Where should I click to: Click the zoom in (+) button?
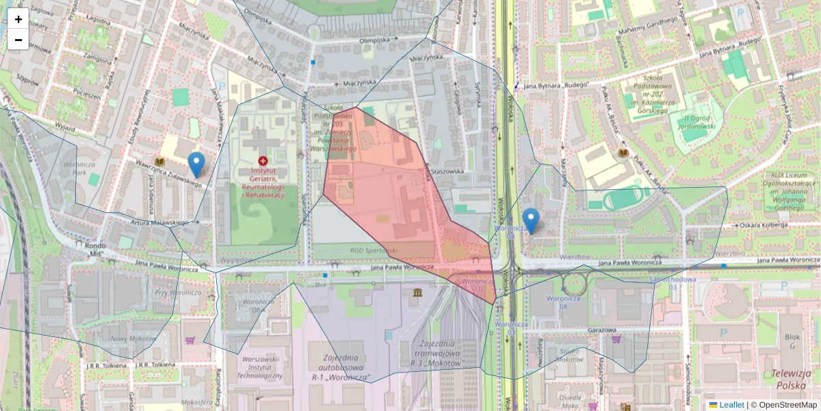[18, 19]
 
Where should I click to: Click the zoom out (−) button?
[18, 40]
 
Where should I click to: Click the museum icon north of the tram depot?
[417, 293]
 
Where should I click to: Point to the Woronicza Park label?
[76, 169]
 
